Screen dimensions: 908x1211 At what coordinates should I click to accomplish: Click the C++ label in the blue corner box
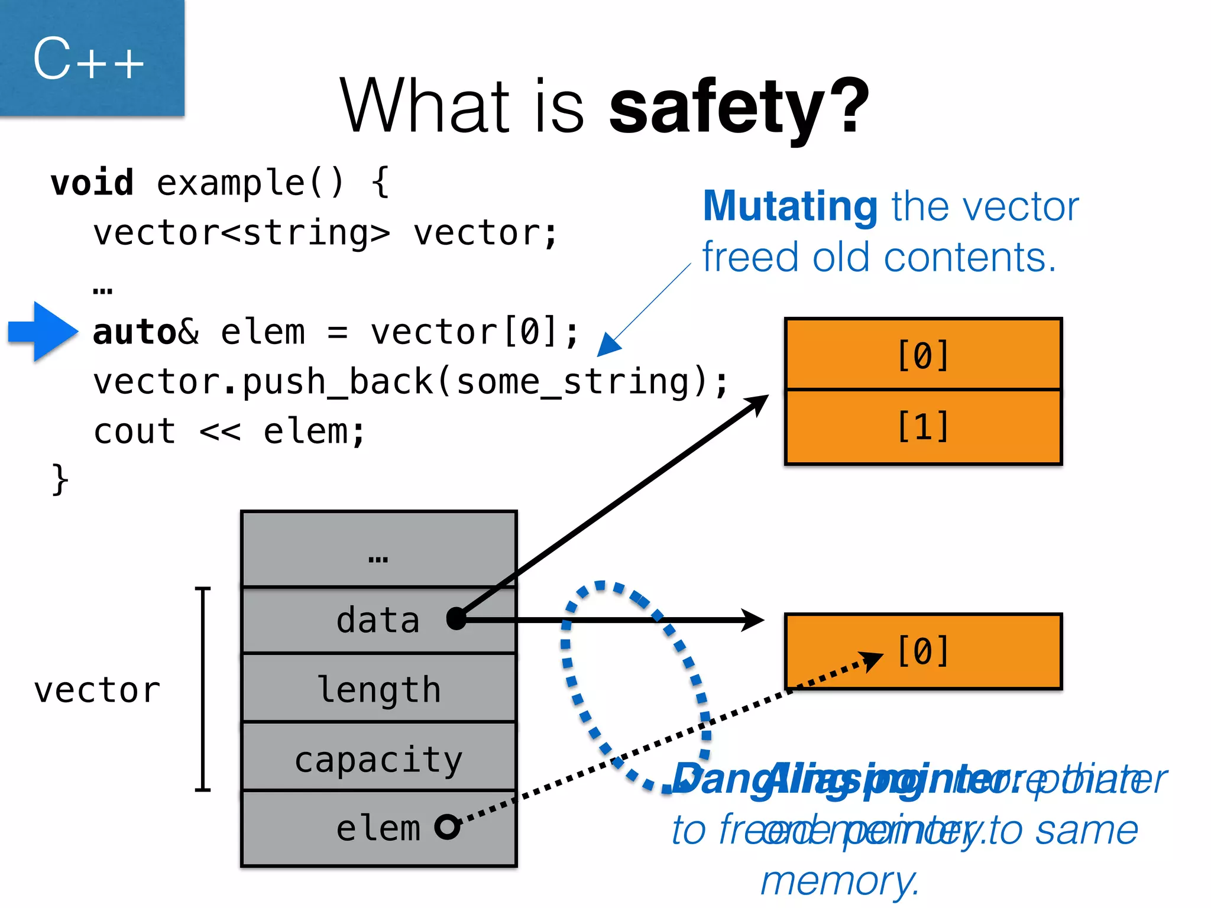tap(88, 59)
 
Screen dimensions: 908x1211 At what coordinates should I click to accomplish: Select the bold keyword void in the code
tap(92, 183)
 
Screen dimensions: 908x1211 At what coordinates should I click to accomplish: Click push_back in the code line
tap(337, 382)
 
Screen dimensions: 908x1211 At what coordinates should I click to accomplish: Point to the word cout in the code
tap(135, 432)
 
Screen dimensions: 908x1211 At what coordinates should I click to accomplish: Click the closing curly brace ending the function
tap(60, 479)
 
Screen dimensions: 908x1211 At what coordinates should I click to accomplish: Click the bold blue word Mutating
tap(790, 206)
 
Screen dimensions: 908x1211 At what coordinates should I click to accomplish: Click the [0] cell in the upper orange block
tap(923, 355)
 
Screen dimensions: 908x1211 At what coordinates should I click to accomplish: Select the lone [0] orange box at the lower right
tap(923, 651)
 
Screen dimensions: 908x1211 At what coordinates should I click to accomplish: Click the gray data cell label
tap(378, 620)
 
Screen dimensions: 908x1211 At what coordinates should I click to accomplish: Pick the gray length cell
tap(379, 689)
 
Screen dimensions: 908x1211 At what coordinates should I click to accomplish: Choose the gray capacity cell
tap(379, 759)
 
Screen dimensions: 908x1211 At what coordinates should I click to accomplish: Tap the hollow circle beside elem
tap(447, 827)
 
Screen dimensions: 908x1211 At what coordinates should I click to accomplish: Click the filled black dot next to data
tap(456, 619)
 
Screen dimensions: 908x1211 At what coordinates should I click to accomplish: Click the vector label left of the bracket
tap(97, 690)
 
